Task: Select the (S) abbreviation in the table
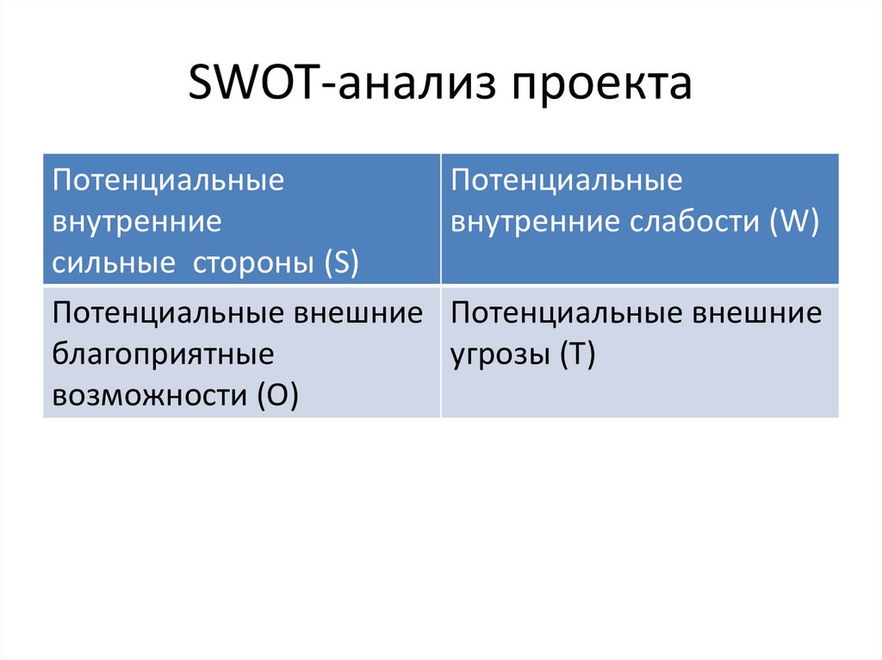[342, 263]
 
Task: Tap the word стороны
[252, 263]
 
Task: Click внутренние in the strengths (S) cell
[137, 223]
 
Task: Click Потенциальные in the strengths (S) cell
[168, 182]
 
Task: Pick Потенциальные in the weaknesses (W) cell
[567, 182]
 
